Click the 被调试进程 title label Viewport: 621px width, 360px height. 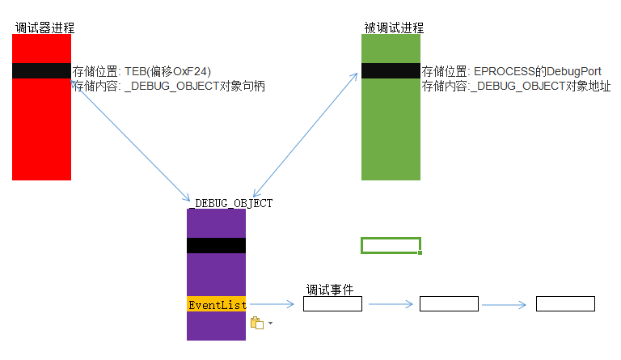394,28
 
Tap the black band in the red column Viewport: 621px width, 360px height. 42,71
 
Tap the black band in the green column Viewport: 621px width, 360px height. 391,71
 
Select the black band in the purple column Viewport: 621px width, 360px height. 216,245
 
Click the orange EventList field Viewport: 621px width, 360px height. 217,305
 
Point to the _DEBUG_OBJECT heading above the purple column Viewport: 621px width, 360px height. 230,203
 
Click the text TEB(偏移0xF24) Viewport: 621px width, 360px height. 168,71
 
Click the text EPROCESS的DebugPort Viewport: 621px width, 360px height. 537,71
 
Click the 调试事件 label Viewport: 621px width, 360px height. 329,290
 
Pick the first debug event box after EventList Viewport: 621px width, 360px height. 332,304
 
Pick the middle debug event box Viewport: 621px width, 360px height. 449,304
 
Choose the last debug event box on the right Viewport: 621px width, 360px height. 565,304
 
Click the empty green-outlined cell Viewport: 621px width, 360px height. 391,245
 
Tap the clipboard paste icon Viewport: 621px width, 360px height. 257,323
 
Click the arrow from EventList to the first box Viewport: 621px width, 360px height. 275,305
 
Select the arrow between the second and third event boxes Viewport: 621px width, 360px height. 508,305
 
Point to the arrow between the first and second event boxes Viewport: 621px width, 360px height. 391,305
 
